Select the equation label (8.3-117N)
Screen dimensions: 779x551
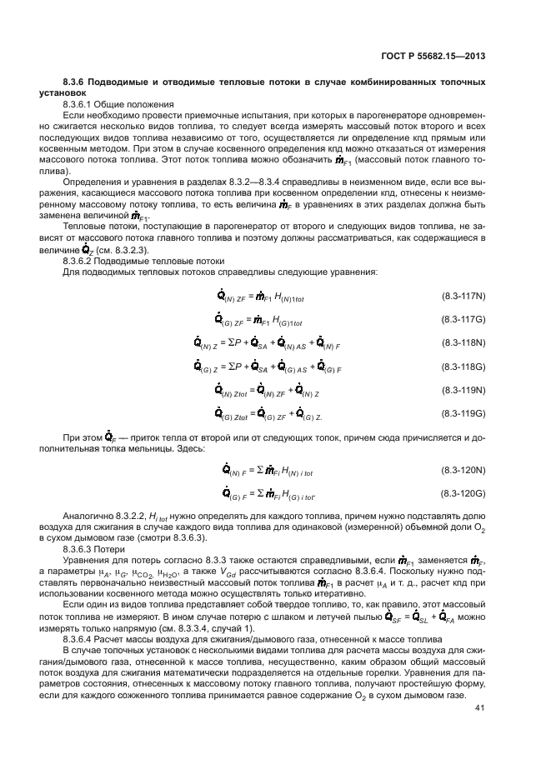(463, 297)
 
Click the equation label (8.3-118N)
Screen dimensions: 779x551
(463, 342)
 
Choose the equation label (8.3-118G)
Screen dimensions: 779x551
(463, 366)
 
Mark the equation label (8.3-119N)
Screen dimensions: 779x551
(463, 389)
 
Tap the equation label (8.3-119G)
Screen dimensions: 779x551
(463, 412)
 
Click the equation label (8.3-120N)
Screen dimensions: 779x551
(463, 472)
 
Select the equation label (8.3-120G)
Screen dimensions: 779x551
(463, 494)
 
